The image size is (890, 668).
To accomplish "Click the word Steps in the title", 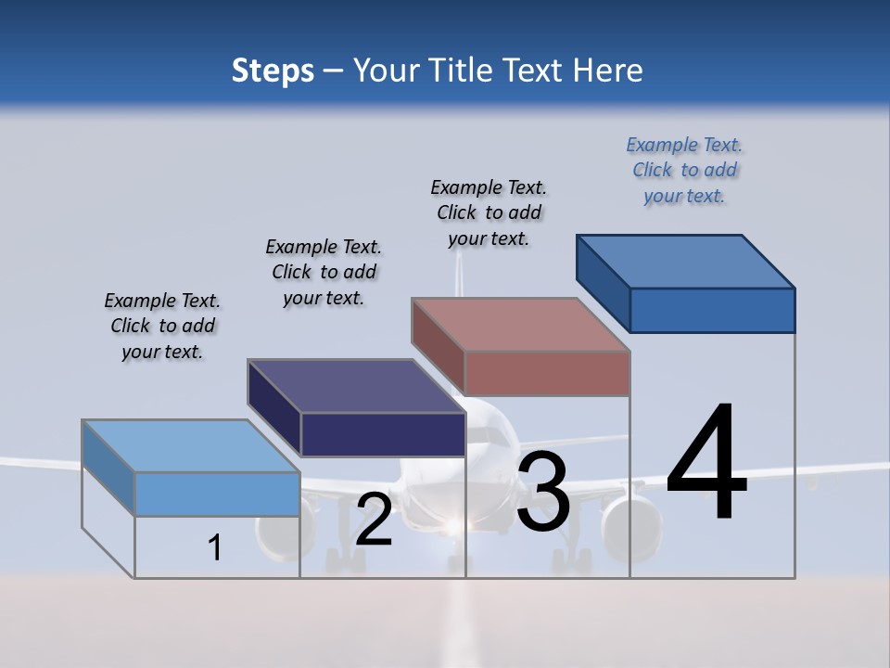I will click(x=273, y=71).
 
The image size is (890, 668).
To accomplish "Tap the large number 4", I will click(x=706, y=464).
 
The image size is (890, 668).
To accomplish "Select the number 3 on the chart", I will click(x=543, y=493).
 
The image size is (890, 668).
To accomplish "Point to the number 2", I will click(x=374, y=520).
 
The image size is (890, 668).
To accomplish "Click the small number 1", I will click(x=215, y=547).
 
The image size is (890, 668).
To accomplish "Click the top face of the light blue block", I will click(x=191, y=446).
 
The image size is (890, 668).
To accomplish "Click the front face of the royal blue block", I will click(x=712, y=310).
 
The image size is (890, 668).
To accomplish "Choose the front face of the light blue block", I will click(x=217, y=494).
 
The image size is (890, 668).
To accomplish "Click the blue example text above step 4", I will click(x=684, y=171).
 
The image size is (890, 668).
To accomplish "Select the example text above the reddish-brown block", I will click(x=489, y=212).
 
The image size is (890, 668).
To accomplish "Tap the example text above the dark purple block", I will click(x=324, y=272).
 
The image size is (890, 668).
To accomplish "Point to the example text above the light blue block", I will click(x=162, y=326).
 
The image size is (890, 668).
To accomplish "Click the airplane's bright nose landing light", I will click(x=453, y=527).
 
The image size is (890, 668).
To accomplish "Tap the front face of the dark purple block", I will click(x=383, y=434).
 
